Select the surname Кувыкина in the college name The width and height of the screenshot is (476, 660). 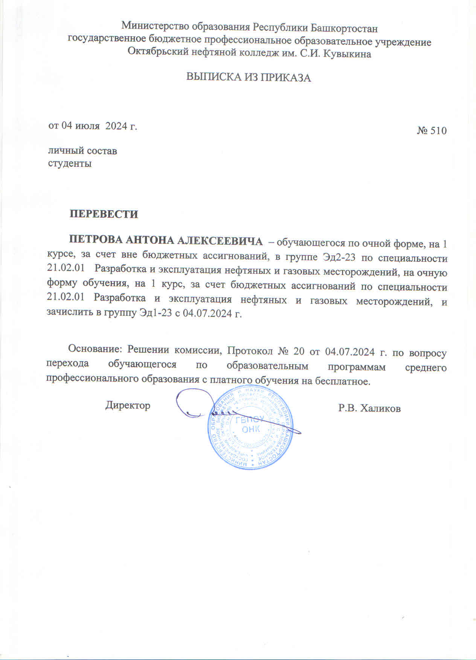[347, 54]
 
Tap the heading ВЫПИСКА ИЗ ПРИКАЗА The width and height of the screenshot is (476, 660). [249, 78]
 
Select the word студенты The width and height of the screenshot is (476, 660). [70, 163]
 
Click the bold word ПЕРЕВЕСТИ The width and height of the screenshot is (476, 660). [104, 214]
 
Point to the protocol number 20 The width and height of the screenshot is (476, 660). [299, 351]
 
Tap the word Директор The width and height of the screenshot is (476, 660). [128, 405]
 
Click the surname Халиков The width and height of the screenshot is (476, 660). [380, 408]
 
